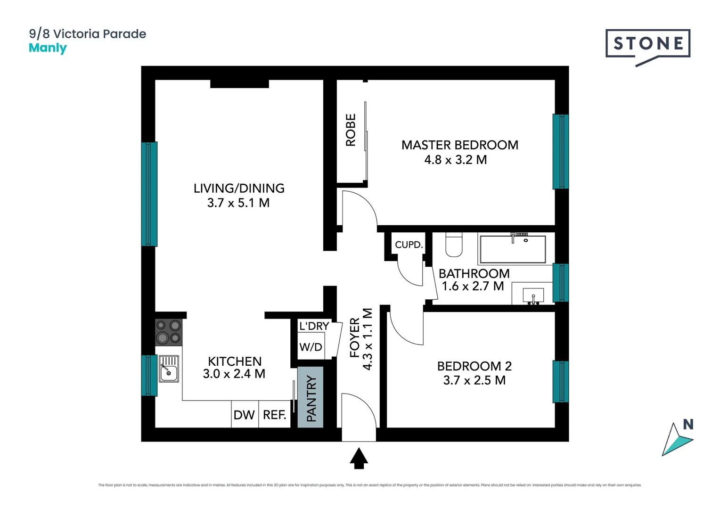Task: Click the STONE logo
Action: (x=648, y=44)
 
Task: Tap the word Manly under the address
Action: (x=48, y=48)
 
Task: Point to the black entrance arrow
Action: (x=359, y=458)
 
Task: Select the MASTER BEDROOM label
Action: (x=459, y=145)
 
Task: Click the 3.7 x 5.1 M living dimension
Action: (x=238, y=203)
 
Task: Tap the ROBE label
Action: (x=351, y=130)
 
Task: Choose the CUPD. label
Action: (x=409, y=245)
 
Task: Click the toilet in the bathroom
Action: (x=454, y=245)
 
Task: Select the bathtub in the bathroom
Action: (x=512, y=249)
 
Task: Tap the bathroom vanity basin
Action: (x=533, y=296)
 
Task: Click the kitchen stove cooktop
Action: (x=169, y=332)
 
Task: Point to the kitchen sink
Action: (x=169, y=369)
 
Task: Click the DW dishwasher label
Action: (x=244, y=415)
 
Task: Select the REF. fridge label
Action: (x=274, y=415)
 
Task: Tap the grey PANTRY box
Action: (x=311, y=397)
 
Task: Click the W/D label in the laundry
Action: (x=311, y=347)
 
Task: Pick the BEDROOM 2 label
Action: (x=474, y=366)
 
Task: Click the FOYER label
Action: (x=355, y=337)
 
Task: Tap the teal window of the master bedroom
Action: (x=560, y=151)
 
